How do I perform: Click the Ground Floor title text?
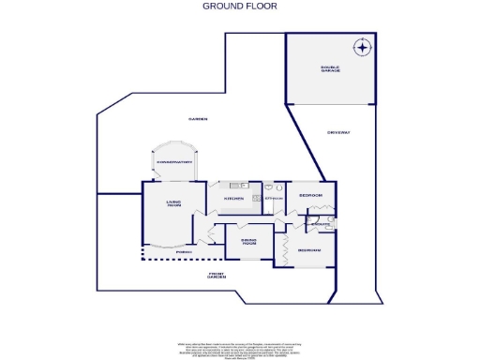coord(240,6)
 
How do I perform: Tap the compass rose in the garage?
coord(362,47)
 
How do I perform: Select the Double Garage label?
coord(330,68)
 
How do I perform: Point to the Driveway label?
coord(338,133)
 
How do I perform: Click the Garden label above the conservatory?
coord(197,119)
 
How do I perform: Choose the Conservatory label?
coord(174,162)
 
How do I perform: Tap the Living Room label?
coord(174,204)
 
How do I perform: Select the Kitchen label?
coord(233,198)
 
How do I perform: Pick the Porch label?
coord(184,251)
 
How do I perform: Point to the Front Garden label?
coord(217,276)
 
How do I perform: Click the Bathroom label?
coord(275,198)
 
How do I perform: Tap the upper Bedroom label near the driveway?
coord(310,195)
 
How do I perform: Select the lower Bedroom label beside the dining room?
coord(309,250)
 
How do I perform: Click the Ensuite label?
coord(321,224)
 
